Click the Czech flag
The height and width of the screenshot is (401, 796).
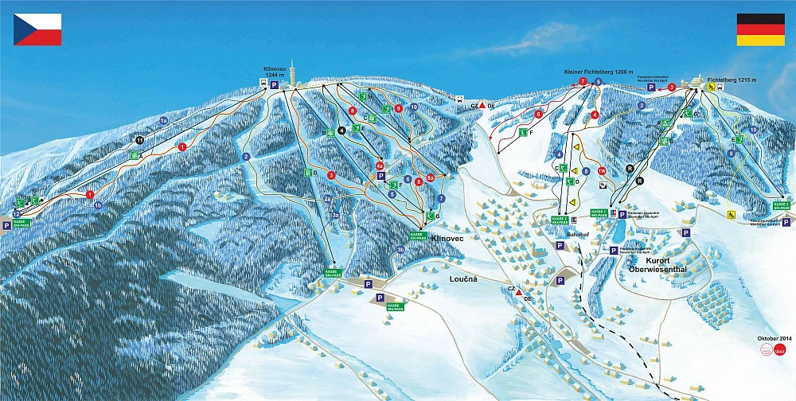click(37, 29)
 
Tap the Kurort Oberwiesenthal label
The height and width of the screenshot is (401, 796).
click(661, 264)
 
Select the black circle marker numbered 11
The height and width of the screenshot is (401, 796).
click(139, 140)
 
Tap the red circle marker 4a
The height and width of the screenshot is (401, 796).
click(380, 165)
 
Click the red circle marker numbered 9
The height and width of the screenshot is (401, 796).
click(398, 108)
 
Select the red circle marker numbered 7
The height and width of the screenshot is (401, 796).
click(583, 82)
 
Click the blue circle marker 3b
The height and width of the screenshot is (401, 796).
click(401, 249)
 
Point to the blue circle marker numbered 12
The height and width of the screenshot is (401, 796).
click(16, 214)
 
